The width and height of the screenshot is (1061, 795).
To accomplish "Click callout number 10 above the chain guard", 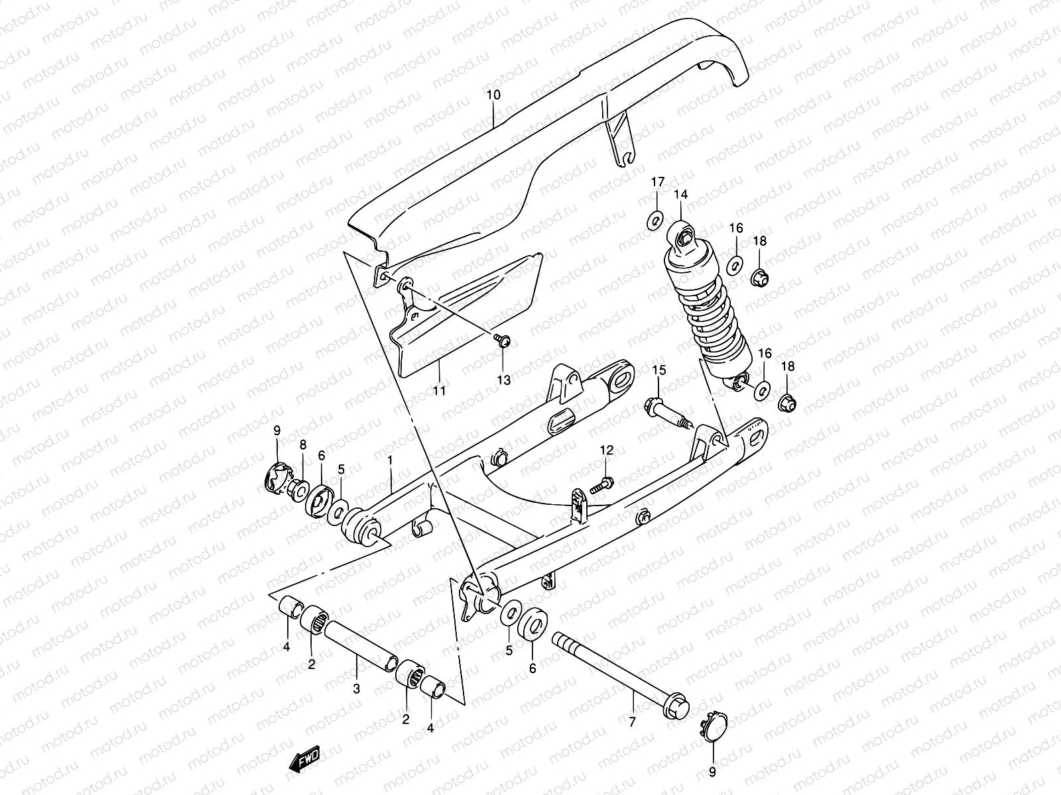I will point(493,95).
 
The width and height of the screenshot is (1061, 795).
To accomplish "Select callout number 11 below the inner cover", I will point(439,390).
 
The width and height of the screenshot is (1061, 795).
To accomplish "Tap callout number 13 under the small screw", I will point(504,380).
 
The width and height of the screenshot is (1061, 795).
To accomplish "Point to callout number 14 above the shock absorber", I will point(681,194).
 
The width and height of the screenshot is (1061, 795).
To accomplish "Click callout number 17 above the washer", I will point(656,182).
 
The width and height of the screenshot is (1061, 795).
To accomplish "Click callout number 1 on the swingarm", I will point(391,459).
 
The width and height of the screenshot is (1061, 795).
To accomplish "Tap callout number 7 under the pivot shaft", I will point(632,721).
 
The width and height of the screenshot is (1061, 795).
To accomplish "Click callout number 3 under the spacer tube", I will point(356,688).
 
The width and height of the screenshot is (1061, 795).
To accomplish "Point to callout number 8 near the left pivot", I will point(303,444).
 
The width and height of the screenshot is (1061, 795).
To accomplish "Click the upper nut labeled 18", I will point(760,279).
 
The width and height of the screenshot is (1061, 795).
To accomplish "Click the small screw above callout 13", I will point(502,341).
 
